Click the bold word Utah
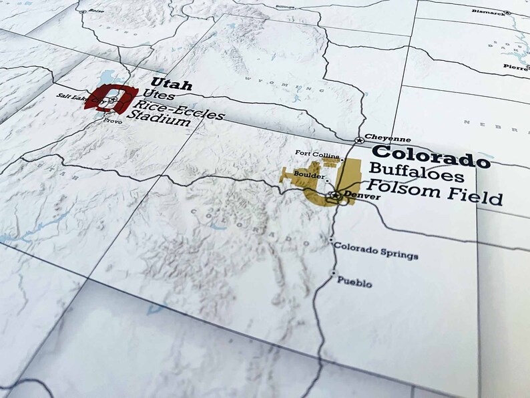click(x=172, y=85)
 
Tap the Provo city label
click(x=112, y=122)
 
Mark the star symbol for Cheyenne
click(x=359, y=140)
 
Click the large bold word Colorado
click(x=430, y=156)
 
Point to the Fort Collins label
click(x=318, y=154)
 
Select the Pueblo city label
click(x=354, y=281)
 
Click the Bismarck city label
click(x=487, y=11)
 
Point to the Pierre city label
click(x=517, y=67)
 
